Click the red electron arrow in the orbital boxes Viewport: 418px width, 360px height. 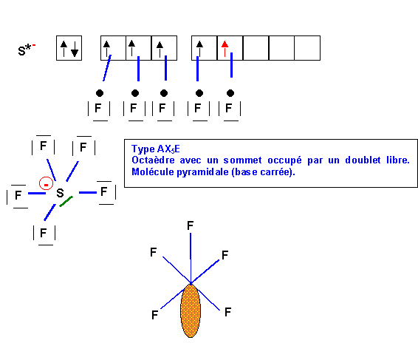coord(225,49)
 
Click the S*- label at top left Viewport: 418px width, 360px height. coord(27,50)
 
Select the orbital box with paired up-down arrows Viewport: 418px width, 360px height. coord(69,48)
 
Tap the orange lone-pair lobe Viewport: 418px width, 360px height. coord(191,310)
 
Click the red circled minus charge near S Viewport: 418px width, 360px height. coord(46,183)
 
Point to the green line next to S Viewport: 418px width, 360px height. coord(66,201)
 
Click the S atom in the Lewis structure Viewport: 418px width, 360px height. coord(61,193)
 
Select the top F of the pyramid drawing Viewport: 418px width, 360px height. coord(190,225)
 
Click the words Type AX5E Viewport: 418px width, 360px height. coord(156,149)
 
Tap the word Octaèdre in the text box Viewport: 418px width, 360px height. coord(153,160)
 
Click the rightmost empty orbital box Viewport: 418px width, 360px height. coord(307,48)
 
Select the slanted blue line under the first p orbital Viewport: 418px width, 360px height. coord(107,68)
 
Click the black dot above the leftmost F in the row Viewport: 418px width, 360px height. coord(100,93)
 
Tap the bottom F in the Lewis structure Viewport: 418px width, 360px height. coord(43,233)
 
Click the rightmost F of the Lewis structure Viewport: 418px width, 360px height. coord(104,191)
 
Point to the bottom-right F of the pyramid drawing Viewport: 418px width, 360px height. coord(227,312)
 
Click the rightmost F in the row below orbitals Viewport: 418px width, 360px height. coord(228,108)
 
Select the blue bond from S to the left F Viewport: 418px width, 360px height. coord(37,193)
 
